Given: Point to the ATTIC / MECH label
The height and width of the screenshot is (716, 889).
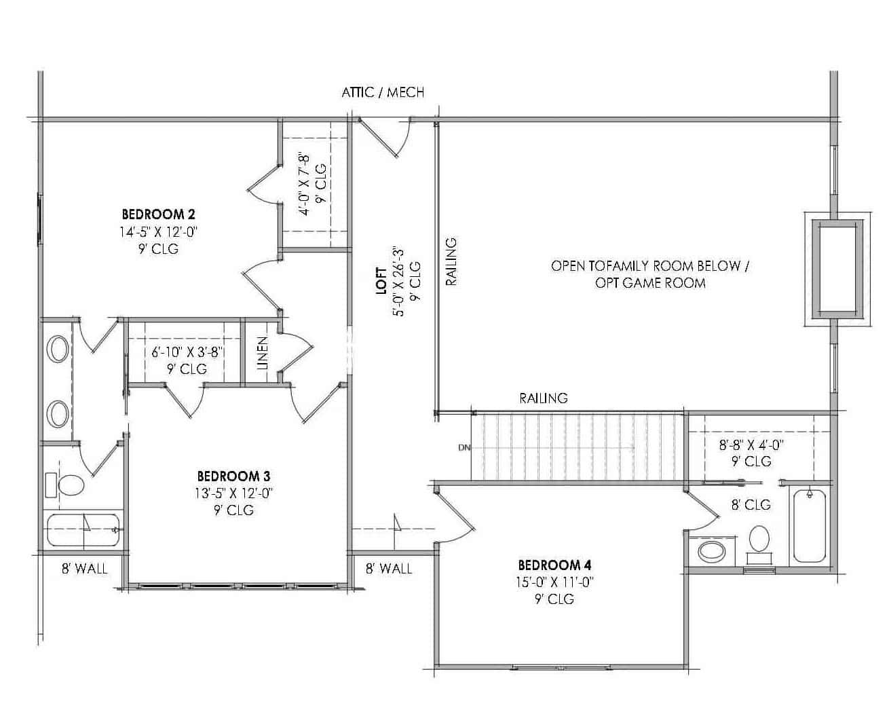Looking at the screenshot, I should (x=383, y=92).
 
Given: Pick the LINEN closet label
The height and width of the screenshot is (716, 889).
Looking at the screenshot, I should (x=263, y=352).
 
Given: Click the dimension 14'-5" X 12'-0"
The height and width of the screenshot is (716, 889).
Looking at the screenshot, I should (x=158, y=231).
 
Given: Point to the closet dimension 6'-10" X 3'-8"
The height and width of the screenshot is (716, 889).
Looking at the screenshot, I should (x=187, y=352).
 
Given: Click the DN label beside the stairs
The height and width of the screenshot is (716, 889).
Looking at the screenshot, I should (x=464, y=448).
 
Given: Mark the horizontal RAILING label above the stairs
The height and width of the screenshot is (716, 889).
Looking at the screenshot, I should (x=544, y=398).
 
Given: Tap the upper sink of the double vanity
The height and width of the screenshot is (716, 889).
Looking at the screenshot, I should (x=57, y=350).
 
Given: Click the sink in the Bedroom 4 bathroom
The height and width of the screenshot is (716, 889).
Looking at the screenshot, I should (x=711, y=550).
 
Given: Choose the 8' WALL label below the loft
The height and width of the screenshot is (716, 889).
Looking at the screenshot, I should (x=389, y=569).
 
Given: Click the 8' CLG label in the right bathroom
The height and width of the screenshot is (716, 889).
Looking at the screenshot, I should (x=751, y=504).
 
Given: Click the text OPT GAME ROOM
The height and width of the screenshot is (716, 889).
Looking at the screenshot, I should (x=650, y=283).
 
